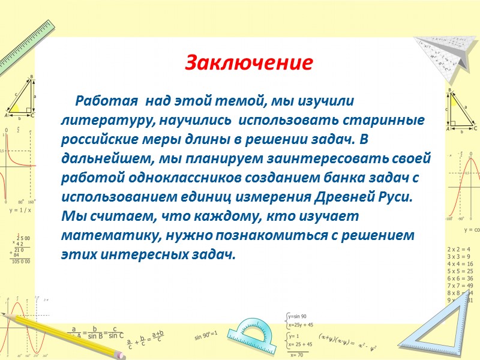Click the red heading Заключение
[x=248, y=62]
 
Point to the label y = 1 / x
[x=20, y=211]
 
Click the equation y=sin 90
[x=297, y=316]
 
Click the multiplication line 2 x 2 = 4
[x=459, y=248]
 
